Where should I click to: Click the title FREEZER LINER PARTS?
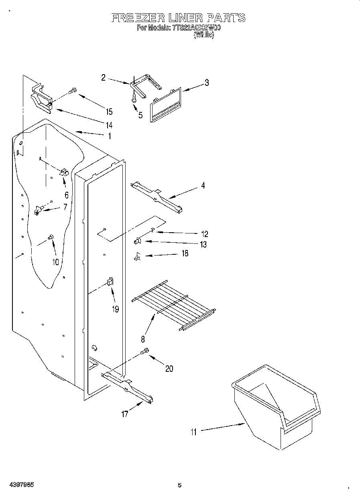(x=178, y=18)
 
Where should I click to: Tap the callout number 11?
(x=194, y=432)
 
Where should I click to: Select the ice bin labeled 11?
(x=277, y=409)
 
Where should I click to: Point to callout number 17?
(x=125, y=414)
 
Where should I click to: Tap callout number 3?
(x=206, y=83)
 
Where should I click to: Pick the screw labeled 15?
(x=73, y=91)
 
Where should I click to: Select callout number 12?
(x=204, y=234)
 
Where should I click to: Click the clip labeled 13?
(x=137, y=241)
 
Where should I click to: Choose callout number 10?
(x=55, y=262)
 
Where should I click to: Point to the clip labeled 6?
(x=63, y=172)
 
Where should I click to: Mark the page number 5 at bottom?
(x=179, y=485)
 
